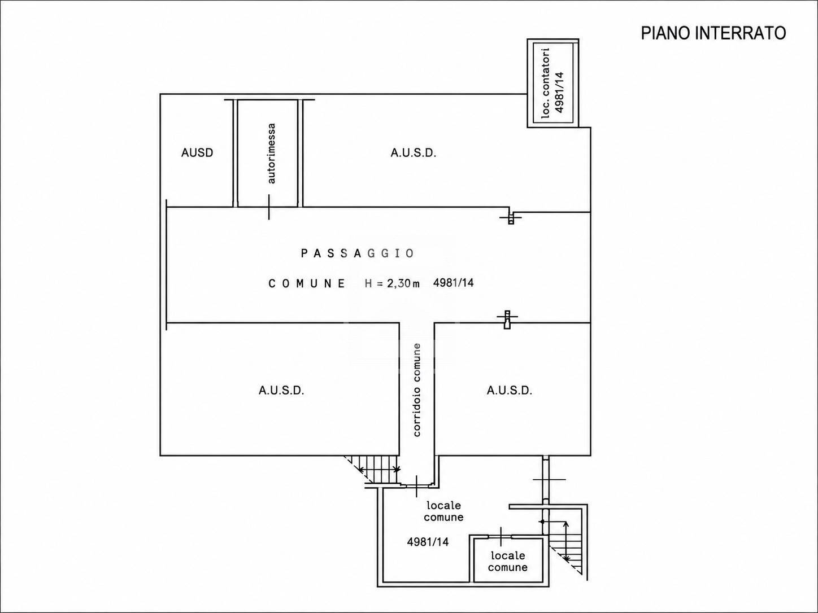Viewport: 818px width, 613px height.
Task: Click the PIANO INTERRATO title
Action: pyautogui.click(x=713, y=33)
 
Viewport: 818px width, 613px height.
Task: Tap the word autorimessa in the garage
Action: pyautogui.click(x=272, y=154)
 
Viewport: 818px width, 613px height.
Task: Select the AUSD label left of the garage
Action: pyautogui.click(x=197, y=152)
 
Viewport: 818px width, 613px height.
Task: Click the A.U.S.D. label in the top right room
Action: pyautogui.click(x=414, y=152)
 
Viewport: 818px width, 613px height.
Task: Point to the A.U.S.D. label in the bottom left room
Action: pyautogui.click(x=281, y=391)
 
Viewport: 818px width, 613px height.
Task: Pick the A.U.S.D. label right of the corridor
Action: pyautogui.click(x=510, y=391)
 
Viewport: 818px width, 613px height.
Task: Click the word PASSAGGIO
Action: pyautogui.click(x=358, y=253)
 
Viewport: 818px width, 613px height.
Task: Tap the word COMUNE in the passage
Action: pyautogui.click(x=307, y=283)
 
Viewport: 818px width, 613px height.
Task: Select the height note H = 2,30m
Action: pyautogui.click(x=393, y=283)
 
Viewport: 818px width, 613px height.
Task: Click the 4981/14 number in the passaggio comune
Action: pyautogui.click(x=453, y=283)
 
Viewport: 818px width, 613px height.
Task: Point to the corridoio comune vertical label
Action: pyautogui.click(x=417, y=389)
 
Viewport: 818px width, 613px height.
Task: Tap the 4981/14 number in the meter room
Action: pyautogui.click(x=559, y=92)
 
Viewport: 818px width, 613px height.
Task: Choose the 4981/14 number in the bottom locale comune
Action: pyautogui.click(x=428, y=542)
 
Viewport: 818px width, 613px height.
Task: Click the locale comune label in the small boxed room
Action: pyautogui.click(x=508, y=561)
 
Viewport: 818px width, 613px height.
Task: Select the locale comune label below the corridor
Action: pyautogui.click(x=443, y=511)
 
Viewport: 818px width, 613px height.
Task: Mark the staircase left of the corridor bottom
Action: pyautogui.click(x=373, y=470)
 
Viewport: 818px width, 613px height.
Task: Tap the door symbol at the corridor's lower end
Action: pyautogui.click(x=417, y=485)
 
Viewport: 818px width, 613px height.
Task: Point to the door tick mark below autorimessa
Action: pyautogui.click(x=269, y=207)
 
